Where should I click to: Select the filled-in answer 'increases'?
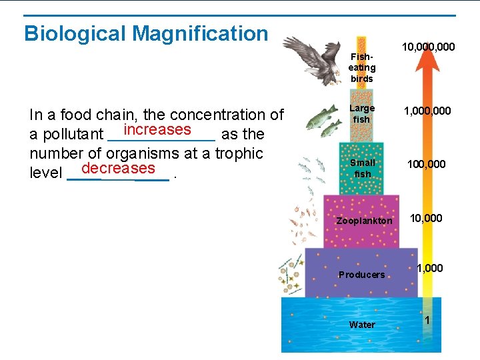[x=157, y=129]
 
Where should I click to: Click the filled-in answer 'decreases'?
[x=118, y=168]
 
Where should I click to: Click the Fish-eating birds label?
[x=362, y=67]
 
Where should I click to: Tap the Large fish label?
[x=362, y=113]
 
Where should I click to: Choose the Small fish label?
[x=362, y=168]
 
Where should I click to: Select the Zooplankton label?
[x=364, y=221]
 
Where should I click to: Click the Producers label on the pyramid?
[x=361, y=275]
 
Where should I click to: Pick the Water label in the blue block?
[x=362, y=325]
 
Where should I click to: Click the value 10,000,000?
[x=428, y=47]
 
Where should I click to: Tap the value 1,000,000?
[x=428, y=111]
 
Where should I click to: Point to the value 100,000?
[x=427, y=164]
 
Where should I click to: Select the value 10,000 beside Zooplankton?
[x=425, y=218]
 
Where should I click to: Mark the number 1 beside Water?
[x=427, y=321]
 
